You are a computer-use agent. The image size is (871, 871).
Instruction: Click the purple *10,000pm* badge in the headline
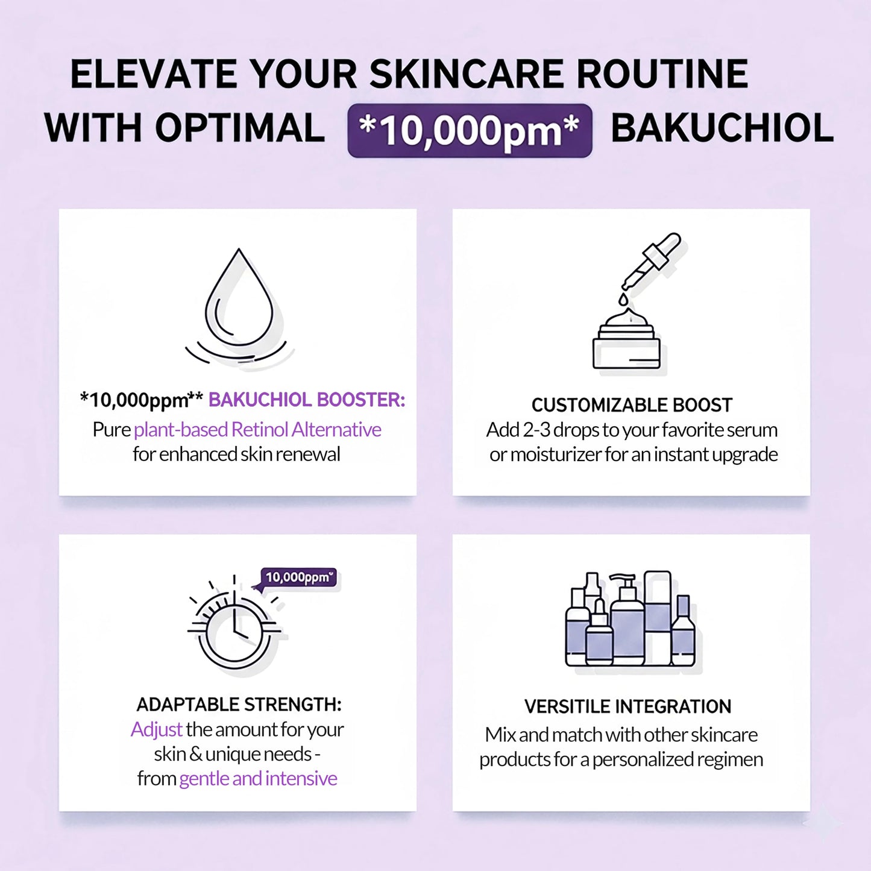tap(470, 131)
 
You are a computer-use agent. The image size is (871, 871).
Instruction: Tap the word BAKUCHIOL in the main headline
tap(722, 128)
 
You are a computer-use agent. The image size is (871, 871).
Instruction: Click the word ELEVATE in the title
tap(153, 74)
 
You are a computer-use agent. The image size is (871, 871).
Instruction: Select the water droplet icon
tap(239, 301)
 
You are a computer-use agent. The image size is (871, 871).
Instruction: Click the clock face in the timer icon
tap(234, 632)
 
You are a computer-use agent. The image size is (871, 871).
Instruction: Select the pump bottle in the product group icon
tap(627, 621)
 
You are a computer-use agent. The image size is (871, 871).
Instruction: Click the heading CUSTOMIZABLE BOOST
tap(632, 405)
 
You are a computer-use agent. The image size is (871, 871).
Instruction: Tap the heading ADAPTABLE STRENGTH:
tap(239, 705)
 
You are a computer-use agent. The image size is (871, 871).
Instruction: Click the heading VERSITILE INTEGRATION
tap(627, 706)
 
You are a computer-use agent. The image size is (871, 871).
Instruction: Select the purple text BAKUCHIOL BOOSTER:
tap(307, 400)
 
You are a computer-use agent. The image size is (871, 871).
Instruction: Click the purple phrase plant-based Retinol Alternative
tap(257, 430)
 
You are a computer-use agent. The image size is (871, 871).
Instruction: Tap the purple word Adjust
tap(156, 729)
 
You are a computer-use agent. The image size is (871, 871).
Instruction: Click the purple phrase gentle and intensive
tap(258, 779)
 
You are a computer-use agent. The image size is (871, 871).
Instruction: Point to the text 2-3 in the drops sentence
tap(536, 430)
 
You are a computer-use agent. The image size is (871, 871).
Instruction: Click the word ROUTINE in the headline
tap(662, 74)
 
